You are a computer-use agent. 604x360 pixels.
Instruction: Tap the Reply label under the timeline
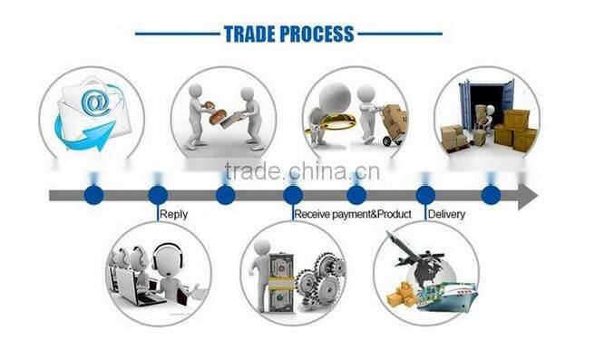click(173, 214)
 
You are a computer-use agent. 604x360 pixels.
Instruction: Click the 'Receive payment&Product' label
click(352, 214)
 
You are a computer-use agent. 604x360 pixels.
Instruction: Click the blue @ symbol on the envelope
click(93, 102)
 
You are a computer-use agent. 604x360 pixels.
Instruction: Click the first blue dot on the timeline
click(92, 194)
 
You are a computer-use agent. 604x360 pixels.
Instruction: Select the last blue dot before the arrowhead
click(490, 194)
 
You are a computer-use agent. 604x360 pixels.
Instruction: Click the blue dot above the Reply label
click(157, 194)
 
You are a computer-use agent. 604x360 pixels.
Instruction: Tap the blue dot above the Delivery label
click(424, 194)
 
